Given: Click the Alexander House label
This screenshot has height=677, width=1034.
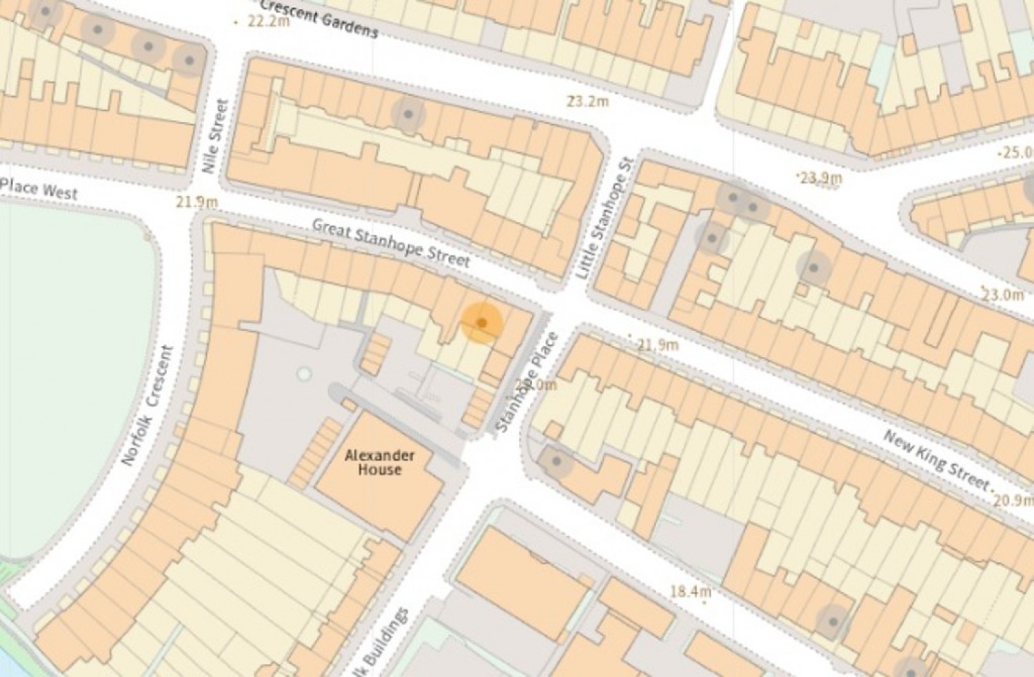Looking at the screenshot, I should [x=380, y=463].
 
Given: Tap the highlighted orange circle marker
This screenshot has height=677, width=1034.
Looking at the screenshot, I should [x=482, y=322].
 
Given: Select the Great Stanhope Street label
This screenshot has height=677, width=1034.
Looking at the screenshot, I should [x=391, y=243].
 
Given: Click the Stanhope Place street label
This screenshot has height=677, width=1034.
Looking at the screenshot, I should [x=527, y=382].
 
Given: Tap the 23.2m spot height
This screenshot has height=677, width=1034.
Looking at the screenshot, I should [x=587, y=102].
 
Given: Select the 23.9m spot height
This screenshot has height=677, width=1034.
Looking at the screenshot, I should [x=820, y=178].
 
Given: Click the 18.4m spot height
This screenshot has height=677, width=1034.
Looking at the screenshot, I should [x=689, y=592].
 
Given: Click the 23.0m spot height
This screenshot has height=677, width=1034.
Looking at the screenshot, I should [x=1002, y=294].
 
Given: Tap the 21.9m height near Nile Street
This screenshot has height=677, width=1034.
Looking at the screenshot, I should [x=196, y=202].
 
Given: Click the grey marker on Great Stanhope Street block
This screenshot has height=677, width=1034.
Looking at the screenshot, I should [x=408, y=114].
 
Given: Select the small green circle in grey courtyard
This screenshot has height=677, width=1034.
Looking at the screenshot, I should [x=304, y=374].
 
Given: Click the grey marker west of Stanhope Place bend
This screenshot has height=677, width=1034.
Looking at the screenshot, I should [x=556, y=461].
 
